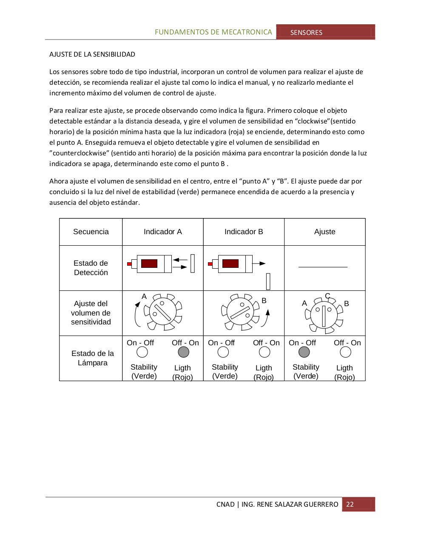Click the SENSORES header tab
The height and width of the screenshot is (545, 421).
click(306, 32)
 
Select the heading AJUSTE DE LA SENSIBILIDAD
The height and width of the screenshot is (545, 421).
click(92, 54)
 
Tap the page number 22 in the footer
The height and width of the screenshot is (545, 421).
click(350, 504)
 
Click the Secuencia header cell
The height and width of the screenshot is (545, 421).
click(91, 232)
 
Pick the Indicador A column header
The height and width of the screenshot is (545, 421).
click(163, 232)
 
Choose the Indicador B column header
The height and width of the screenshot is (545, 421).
click(244, 232)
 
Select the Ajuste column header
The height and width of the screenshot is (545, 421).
click(325, 232)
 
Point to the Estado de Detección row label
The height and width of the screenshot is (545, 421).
click(91, 268)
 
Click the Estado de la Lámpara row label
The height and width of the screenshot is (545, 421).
click(93, 358)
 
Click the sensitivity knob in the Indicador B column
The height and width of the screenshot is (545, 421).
click(240, 312)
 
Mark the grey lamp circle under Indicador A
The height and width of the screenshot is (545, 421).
click(183, 352)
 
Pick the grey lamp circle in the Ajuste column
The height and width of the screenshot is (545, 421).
click(304, 352)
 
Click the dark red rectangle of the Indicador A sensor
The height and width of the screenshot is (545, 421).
click(149, 264)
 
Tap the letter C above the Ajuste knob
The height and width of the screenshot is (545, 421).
click(327, 296)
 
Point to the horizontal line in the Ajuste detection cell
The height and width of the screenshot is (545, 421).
click(323, 267)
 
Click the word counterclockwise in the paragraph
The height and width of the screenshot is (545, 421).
click(80, 153)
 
